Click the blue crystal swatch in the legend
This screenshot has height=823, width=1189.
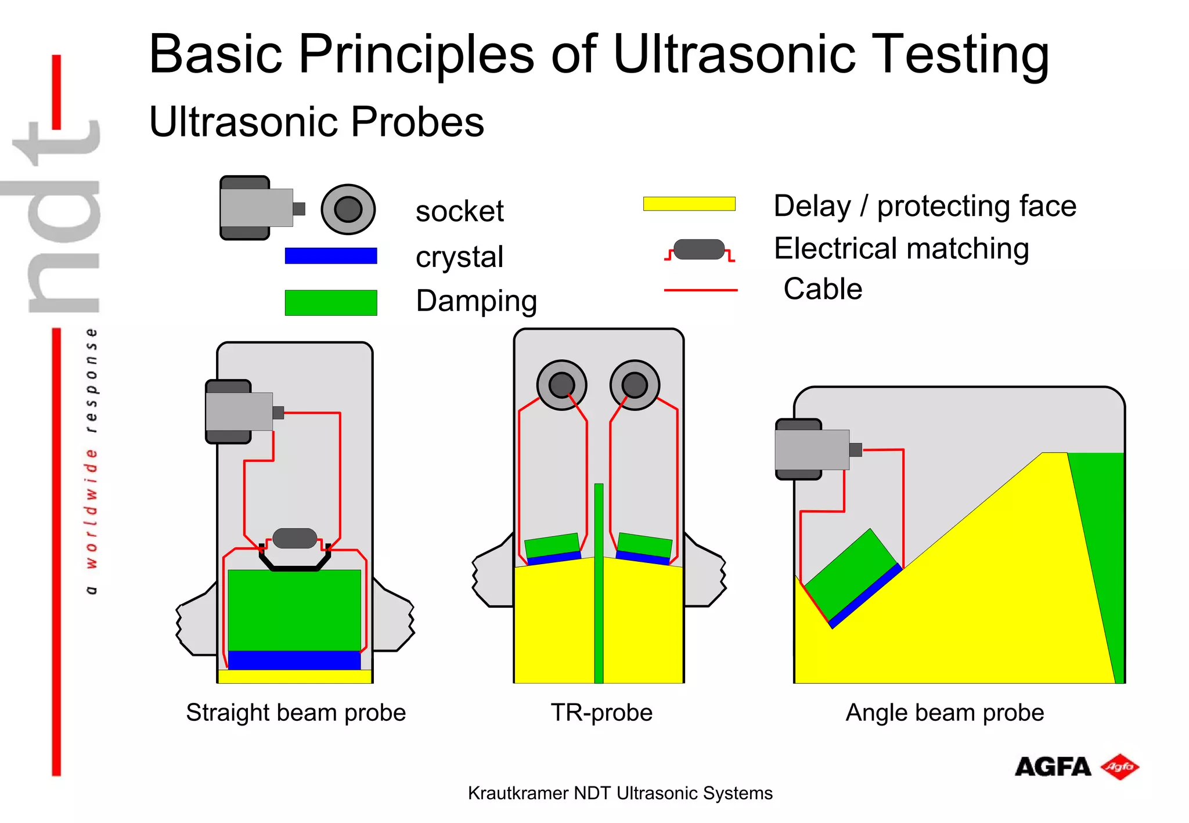pos(330,256)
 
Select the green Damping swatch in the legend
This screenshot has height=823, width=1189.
pos(330,302)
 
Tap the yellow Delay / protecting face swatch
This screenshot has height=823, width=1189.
pos(689,204)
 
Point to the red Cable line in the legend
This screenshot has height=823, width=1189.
pos(700,290)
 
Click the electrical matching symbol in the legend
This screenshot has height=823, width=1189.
pos(699,250)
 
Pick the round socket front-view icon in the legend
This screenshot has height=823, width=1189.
pos(348,210)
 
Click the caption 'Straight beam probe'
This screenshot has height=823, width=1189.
pos(296,713)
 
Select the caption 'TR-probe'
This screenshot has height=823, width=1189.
pos(601,713)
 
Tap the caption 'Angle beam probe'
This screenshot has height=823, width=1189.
pos(945,713)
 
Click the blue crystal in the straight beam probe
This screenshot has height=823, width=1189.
pos(294,660)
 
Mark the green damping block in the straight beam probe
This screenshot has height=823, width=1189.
pos(294,609)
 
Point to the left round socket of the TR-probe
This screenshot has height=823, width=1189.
pos(561,385)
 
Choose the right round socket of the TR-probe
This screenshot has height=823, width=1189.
pos(635,385)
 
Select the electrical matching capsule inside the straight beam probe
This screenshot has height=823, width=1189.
pos(294,538)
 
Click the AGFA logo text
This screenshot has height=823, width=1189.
pos(1053,767)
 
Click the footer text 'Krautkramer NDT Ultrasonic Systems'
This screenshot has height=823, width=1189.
pos(620,793)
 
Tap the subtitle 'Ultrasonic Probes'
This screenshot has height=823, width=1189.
pos(316,122)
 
